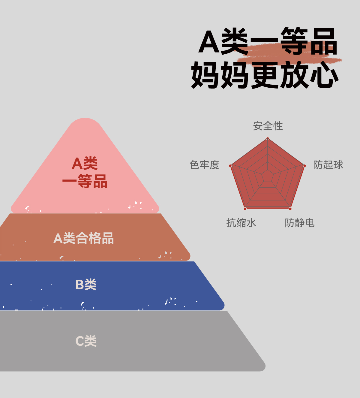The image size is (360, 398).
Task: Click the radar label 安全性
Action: pos(268,126)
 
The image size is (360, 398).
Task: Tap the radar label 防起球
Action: pos(328,165)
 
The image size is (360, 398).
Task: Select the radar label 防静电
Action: pos(299,223)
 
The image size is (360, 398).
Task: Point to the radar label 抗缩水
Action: pos(241,223)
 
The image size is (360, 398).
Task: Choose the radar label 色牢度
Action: pos(205,165)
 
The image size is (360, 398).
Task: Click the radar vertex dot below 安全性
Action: pos(268,139)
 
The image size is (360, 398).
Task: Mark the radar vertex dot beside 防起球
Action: pos(304,166)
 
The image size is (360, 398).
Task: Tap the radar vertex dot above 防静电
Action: pos(290,209)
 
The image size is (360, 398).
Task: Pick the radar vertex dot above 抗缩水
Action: pos(245,209)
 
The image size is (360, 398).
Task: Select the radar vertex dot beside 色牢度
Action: pos(230,166)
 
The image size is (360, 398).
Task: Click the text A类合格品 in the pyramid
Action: pos(84,238)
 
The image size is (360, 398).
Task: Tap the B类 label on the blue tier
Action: pos(86,285)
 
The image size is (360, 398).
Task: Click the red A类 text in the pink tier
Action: pos(85,164)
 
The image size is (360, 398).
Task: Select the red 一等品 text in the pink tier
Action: pos(85,181)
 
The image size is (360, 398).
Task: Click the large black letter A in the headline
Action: pos(209,42)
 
